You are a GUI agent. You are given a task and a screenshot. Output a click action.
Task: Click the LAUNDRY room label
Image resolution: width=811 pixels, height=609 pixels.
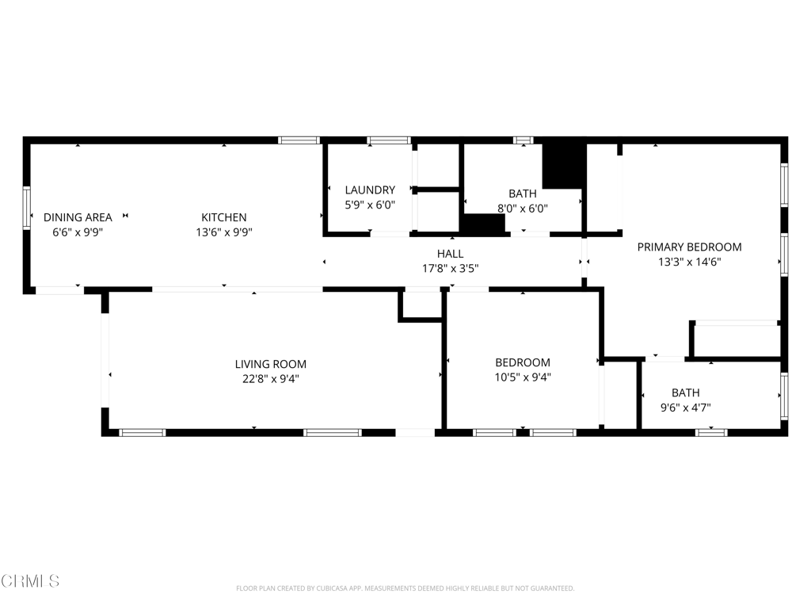pos(370,190)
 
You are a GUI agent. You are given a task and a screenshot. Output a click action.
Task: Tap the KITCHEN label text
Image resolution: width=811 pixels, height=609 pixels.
pos(224,217)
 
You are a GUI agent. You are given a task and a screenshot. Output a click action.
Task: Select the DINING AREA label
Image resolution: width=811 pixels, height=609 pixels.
pos(78,217)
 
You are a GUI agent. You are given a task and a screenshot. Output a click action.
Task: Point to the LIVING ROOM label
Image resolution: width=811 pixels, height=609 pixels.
pos(271,364)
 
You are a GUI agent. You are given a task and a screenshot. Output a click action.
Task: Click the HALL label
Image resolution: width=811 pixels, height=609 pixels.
pos(450,254)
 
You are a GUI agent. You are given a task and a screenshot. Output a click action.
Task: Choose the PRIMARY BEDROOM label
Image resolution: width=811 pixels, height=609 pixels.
pos(690,247)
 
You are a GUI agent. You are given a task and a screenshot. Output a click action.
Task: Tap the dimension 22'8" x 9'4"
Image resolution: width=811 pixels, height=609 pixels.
pos(271,378)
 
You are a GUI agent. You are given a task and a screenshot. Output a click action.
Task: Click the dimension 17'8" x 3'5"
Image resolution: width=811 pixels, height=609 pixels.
pos(450,268)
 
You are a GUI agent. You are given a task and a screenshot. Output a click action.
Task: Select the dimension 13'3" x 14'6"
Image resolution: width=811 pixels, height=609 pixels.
pos(690,262)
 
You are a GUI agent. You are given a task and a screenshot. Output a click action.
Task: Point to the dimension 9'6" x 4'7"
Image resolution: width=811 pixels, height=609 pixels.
pos(685,408)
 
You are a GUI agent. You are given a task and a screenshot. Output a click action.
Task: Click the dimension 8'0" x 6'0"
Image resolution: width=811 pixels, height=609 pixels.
pos(523,209)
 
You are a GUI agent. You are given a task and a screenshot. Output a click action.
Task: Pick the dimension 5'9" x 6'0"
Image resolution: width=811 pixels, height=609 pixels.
pos(370,205)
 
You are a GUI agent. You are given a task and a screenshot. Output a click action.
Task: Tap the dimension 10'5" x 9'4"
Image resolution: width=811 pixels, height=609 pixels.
pos(523,377)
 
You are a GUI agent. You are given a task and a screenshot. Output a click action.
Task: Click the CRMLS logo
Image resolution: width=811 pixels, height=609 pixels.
pos(30,581)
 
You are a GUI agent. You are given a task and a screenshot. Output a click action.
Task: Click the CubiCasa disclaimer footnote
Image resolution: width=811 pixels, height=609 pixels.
pos(405,588)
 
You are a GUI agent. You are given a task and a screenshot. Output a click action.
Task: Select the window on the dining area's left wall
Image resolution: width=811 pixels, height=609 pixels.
pos(26,208)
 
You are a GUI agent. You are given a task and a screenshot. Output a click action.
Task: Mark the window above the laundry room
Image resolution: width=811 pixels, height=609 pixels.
pos(388,140)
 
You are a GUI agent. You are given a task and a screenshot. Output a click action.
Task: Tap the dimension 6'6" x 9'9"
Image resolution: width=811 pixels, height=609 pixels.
pos(78,232)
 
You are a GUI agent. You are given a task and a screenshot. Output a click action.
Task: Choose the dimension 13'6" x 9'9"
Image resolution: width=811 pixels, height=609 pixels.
pos(224,232)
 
